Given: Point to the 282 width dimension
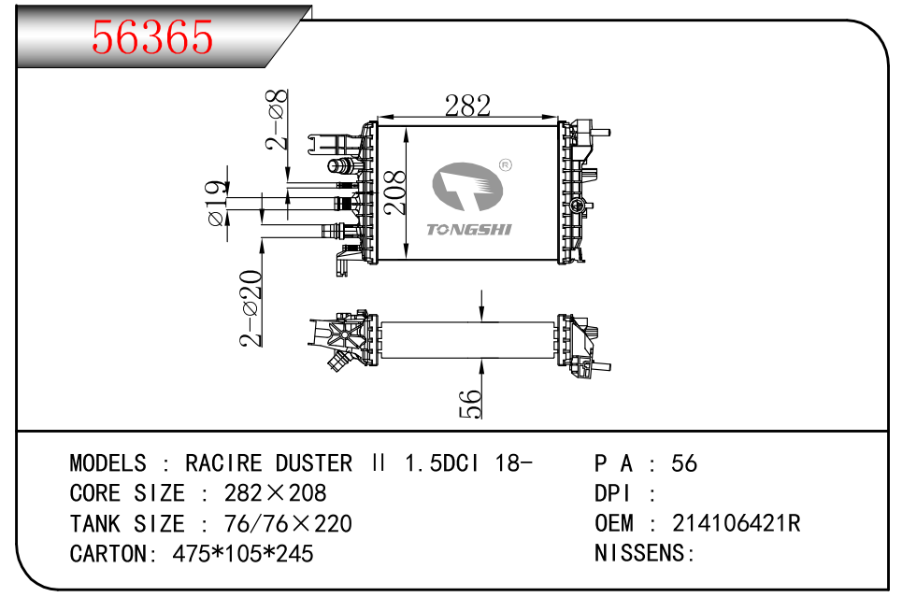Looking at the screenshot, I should pos(467,106).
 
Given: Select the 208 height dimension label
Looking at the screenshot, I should pos(396,192).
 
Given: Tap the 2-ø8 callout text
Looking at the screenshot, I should pos(278,120).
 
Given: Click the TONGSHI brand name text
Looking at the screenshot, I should pos(468,230).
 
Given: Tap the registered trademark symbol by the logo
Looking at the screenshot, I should pos(505,164).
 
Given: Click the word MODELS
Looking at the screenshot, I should pos(107,463).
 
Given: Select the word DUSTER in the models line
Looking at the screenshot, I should pos(313,463).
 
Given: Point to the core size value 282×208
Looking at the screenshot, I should pos(276,493).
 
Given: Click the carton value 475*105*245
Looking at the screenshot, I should pos(243,553).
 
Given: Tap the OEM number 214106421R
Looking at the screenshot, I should pos(736,523).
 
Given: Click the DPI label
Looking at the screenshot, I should pos(613,493).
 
